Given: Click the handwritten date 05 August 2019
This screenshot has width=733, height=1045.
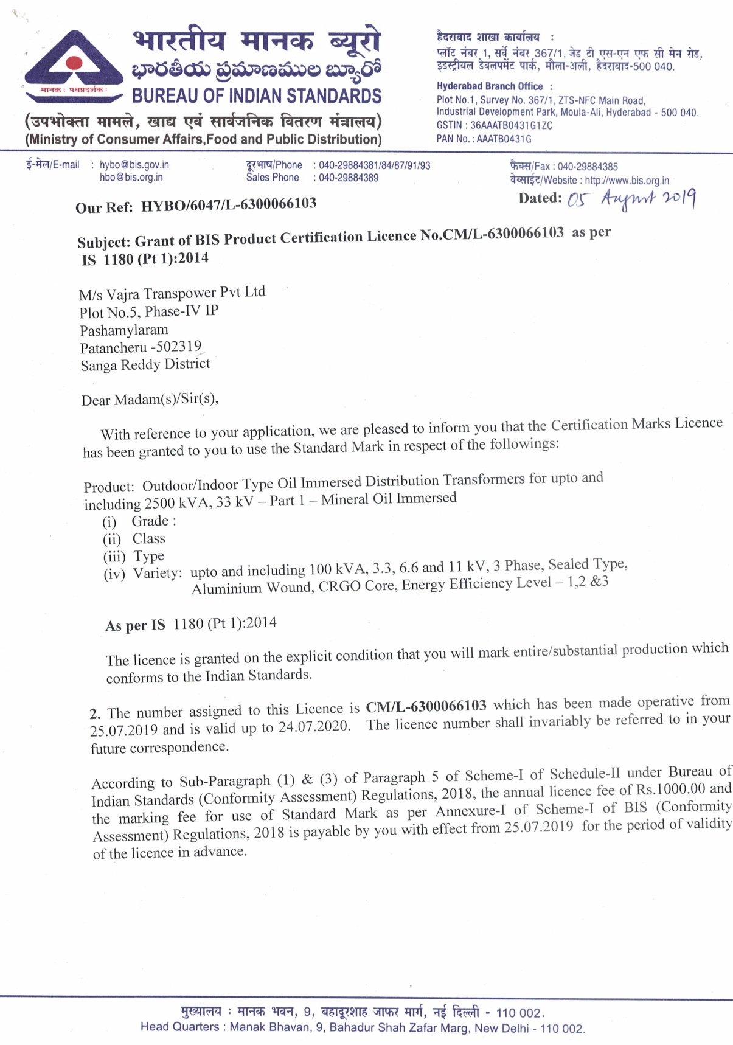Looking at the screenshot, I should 631,198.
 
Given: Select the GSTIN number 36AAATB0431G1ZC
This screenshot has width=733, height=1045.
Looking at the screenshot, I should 512,126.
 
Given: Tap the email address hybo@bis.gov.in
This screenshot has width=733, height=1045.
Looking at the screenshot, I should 134,165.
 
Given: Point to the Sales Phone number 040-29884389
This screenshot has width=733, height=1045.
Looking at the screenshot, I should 349,178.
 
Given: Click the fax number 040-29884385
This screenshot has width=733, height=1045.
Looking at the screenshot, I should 588,167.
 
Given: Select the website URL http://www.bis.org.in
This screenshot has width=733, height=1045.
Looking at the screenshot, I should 627,181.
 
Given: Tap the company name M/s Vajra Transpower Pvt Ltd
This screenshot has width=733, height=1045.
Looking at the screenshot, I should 172,294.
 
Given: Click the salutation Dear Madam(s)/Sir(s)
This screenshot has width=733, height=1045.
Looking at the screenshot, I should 150,400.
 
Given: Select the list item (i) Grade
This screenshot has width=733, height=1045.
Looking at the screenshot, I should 139,522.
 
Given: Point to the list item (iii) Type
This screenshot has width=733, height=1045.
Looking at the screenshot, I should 134,557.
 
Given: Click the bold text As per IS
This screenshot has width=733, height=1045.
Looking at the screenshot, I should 135,626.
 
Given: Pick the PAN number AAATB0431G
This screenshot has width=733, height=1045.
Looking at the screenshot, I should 504,139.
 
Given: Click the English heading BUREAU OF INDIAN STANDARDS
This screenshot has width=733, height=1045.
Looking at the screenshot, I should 257,96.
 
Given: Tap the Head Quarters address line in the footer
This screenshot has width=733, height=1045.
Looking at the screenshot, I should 363,1028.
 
